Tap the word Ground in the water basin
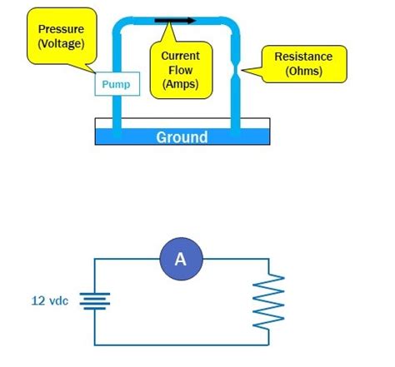(x=182, y=136)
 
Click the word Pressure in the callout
(x=61, y=29)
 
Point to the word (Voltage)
(x=61, y=43)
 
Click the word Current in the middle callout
(x=180, y=56)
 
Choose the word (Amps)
(x=180, y=84)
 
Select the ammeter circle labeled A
(x=181, y=260)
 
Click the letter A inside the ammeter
(x=181, y=260)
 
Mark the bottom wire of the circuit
(x=183, y=344)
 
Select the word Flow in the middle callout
(x=180, y=70)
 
